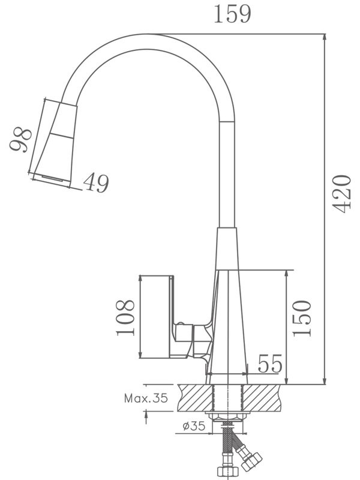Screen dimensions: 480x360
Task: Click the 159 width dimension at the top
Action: pos(232,14)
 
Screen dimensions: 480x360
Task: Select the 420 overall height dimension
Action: pos(341,193)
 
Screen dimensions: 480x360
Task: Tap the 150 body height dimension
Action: pos(303,317)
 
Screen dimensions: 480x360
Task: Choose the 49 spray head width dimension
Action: pos(96,183)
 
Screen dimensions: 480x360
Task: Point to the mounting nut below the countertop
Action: pos(227,417)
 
